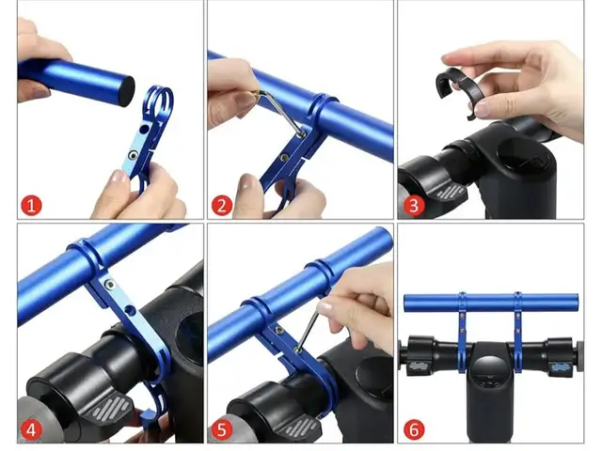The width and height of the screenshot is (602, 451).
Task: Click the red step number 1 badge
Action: pyautogui.click(x=31, y=206)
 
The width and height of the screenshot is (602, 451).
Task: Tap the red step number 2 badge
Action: pyautogui.click(x=222, y=206)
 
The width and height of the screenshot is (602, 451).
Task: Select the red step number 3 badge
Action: pyautogui.click(x=414, y=206)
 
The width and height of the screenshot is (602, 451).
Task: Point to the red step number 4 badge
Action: pyautogui.click(x=31, y=430)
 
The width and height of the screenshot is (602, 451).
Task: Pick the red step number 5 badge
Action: pyautogui.click(x=222, y=430)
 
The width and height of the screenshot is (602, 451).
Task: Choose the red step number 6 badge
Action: pyautogui.click(x=414, y=430)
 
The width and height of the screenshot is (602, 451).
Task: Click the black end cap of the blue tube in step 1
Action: pyautogui.click(x=126, y=90)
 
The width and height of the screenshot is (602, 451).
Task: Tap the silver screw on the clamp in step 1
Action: pyautogui.click(x=134, y=155)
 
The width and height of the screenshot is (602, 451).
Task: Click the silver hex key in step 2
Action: pyautogui.click(x=280, y=111)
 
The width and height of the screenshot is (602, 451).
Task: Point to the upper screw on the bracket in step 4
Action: pyautogui.click(x=110, y=284)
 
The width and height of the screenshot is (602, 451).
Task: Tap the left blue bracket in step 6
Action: pyautogui.click(x=462, y=332)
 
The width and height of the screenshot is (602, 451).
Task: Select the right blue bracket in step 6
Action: pyautogui.click(x=517, y=332)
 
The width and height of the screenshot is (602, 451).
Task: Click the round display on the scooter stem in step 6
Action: pyautogui.click(x=488, y=370)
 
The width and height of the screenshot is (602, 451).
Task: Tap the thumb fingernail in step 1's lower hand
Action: pyautogui.click(x=119, y=177)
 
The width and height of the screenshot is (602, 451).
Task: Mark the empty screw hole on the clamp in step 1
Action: pyautogui.click(x=144, y=129)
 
